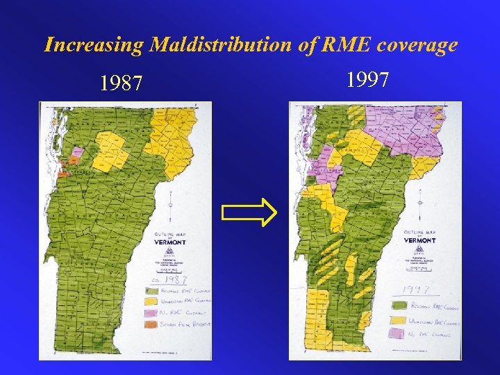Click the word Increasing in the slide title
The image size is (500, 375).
pyautogui.click(x=93, y=45)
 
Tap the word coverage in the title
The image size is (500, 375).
pyautogui.click(x=419, y=45)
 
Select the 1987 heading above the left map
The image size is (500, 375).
pyautogui.click(x=122, y=84)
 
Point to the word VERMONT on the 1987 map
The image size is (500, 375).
pyautogui.click(x=169, y=242)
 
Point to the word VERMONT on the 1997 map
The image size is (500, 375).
pyautogui.click(x=420, y=240)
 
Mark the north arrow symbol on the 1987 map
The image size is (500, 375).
pyautogui.click(x=171, y=203)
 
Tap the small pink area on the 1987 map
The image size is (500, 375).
pyautogui.click(x=76, y=153)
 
